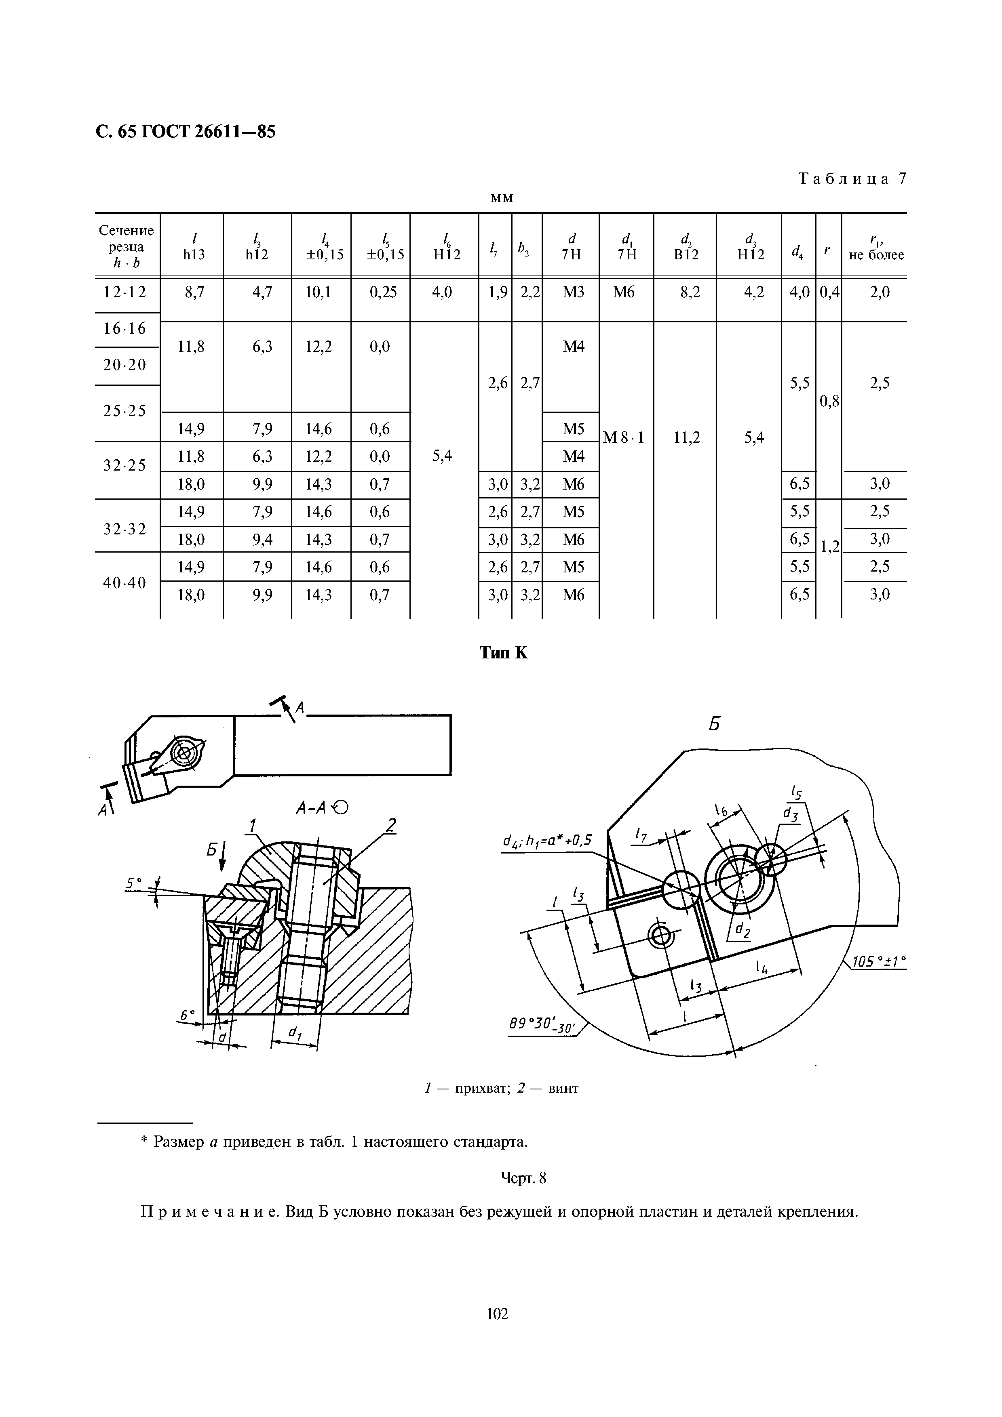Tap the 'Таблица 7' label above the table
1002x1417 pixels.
point(852,179)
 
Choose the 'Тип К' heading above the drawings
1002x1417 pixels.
point(503,652)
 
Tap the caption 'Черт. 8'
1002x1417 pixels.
point(523,1178)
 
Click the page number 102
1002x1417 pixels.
point(498,1331)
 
